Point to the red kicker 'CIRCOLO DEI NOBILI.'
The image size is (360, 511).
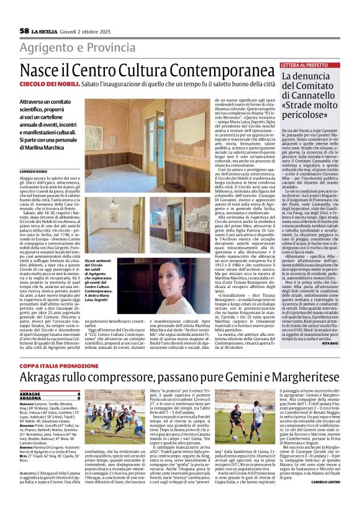(x=45, y=83)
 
